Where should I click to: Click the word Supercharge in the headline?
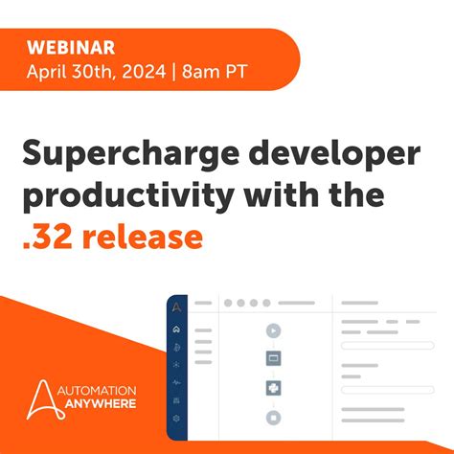pyautogui.click(x=116, y=152)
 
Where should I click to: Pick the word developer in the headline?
pyautogui.click(x=320, y=152)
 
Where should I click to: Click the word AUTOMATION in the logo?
pyautogui.click(x=100, y=391)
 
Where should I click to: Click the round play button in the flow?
pyautogui.click(x=274, y=330)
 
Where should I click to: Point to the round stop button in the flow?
pyautogui.click(x=274, y=419)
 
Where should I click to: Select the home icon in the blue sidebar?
pyautogui.click(x=175, y=330)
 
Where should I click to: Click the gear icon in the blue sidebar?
pyautogui.click(x=175, y=419)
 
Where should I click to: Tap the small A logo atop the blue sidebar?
pyautogui.click(x=175, y=306)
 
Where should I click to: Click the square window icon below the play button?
pyautogui.click(x=274, y=359)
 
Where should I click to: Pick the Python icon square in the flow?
pyautogui.click(x=274, y=389)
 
